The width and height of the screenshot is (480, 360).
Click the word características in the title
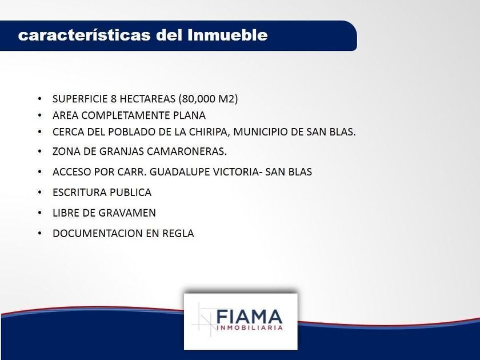coord(84,35)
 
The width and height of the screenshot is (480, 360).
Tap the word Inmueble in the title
coord(227,35)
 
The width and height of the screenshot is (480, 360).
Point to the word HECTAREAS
coord(147,99)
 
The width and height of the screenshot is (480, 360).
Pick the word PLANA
coord(190,115)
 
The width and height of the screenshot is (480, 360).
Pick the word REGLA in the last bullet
coord(178,233)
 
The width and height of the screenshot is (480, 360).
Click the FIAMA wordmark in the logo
coord(250,317)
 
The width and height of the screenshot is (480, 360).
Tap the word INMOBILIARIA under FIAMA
coord(250,328)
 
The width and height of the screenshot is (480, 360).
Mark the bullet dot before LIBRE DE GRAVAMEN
coord(39,213)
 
